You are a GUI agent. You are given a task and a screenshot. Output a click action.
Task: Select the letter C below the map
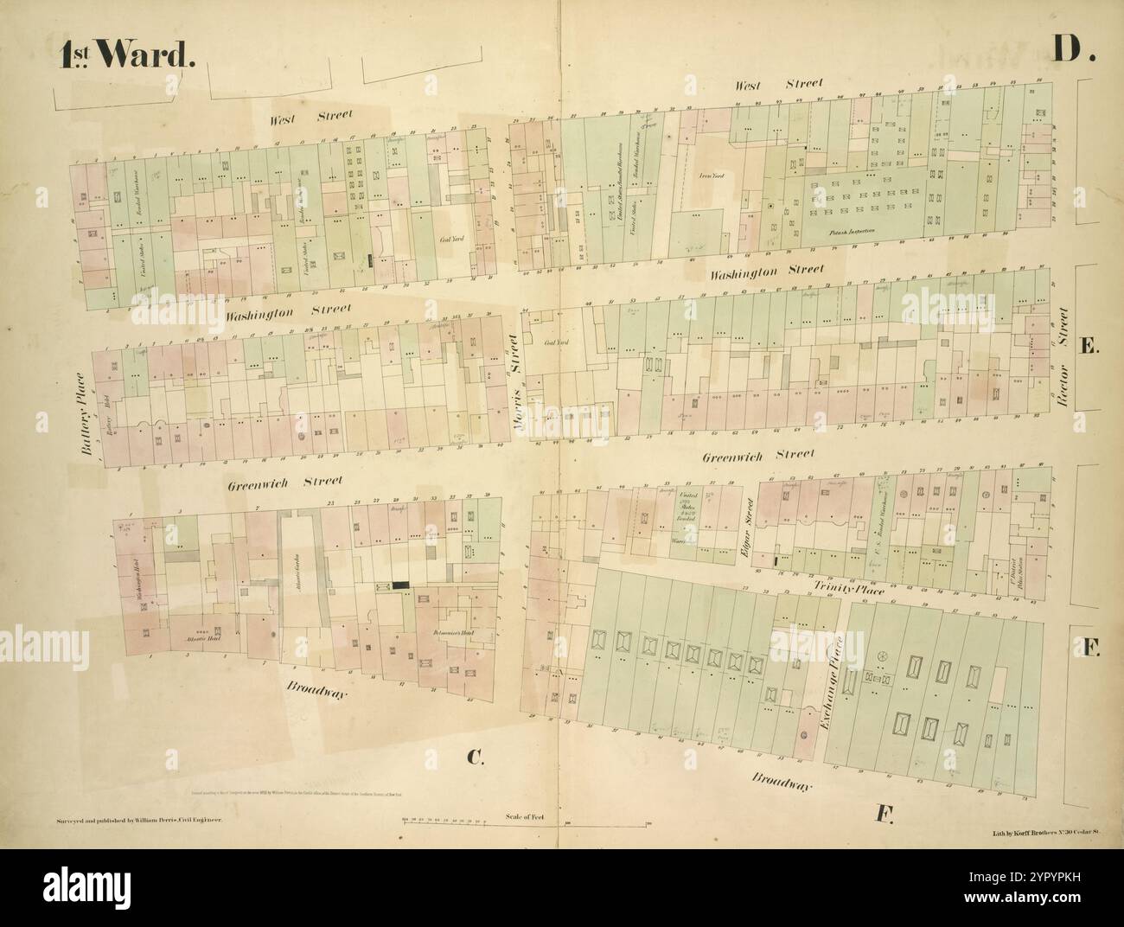click(474, 758)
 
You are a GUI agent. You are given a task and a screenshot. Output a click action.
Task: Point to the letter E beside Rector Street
click(1089, 346)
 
